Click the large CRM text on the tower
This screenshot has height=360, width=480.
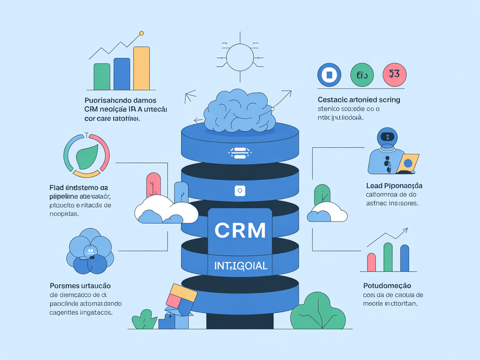click(x=240, y=230)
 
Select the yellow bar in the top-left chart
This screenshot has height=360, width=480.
click(x=141, y=68)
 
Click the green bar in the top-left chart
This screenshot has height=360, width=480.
click(x=102, y=76)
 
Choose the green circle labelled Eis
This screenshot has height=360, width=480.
click(x=362, y=74)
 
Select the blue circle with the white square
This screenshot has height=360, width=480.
click(x=329, y=74)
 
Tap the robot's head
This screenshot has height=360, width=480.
click(x=387, y=138)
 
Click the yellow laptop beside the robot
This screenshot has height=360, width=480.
click(x=408, y=163)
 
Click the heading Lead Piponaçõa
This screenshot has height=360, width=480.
click(x=394, y=185)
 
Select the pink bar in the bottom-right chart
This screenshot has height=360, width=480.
click(x=371, y=262)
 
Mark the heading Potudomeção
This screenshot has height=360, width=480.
click(x=387, y=286)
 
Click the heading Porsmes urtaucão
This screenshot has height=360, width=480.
click(x=80, y=286)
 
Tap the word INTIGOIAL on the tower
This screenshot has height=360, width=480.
click(x=240, y=266)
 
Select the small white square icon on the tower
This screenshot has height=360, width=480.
click(x=239, y=190)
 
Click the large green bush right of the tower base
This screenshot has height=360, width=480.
click(x=318, y=311)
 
